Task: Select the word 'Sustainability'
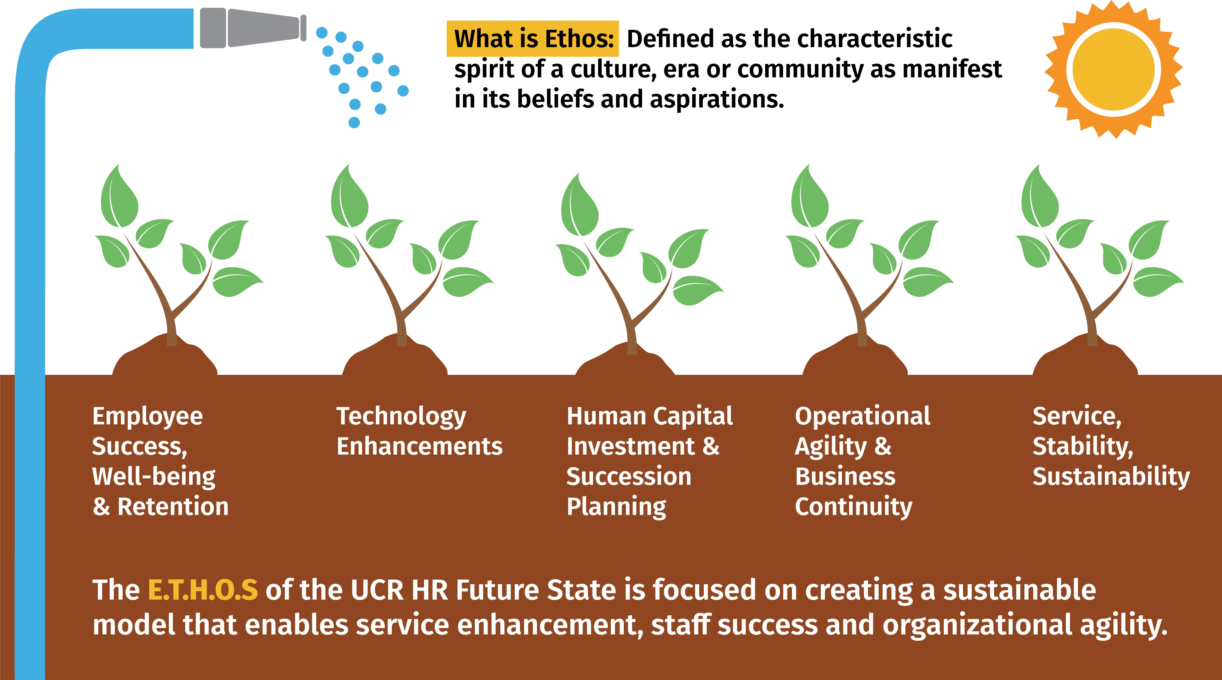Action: [1111, 477]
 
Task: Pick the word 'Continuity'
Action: [854, 507]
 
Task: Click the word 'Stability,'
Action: [1083, 447]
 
